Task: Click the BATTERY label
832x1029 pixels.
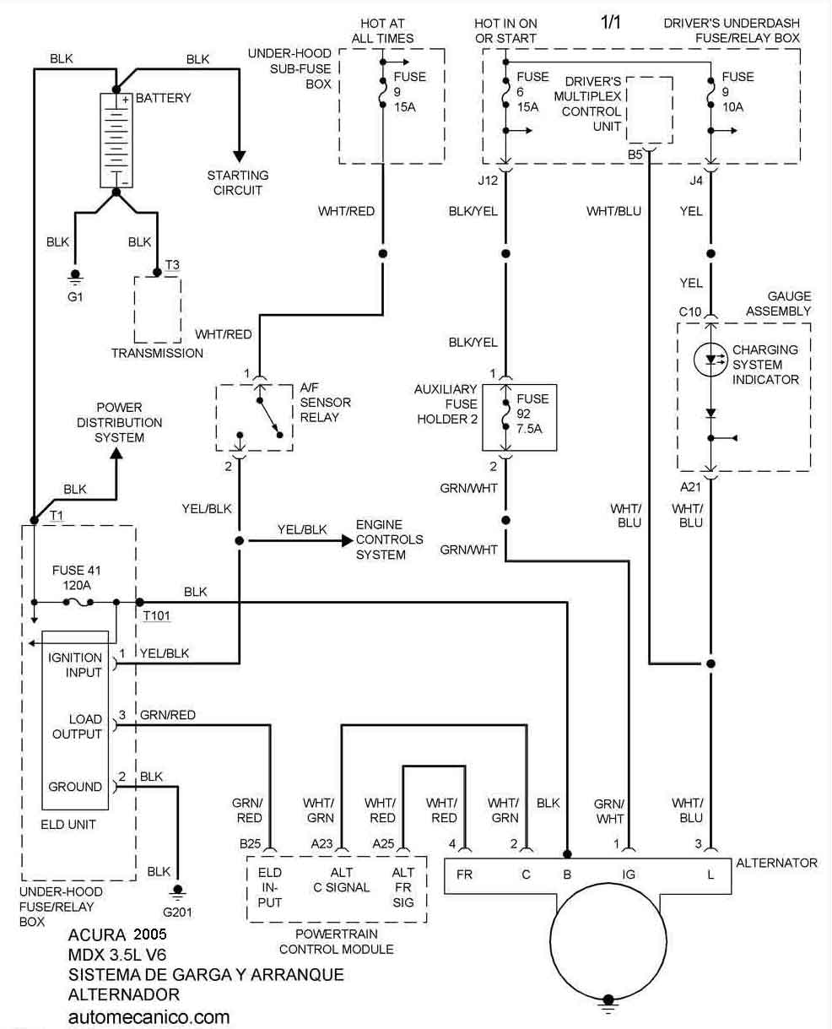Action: (163, 98)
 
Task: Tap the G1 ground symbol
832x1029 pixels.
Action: (74, 276)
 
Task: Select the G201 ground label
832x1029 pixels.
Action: (177, 913)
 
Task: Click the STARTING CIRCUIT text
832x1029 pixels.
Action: (238, 183)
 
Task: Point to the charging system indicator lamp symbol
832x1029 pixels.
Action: (710, 360)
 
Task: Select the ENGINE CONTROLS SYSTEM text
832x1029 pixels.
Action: (389, 539)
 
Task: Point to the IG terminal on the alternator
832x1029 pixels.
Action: (629, 875)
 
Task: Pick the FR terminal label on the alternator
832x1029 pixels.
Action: (464, 875)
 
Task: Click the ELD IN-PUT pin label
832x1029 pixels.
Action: (270, 887)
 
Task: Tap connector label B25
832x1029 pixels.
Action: (250, 842)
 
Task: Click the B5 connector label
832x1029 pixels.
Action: (635, 155)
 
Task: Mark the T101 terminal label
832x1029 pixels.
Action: (157, 616)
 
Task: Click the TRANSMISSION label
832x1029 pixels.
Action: (157, 353)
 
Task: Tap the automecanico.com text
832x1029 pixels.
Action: (149, 1016)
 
